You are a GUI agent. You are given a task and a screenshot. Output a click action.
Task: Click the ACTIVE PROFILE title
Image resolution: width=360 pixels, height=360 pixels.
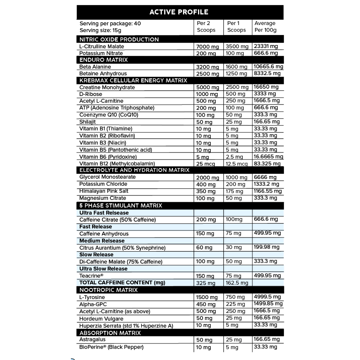click(179, 12)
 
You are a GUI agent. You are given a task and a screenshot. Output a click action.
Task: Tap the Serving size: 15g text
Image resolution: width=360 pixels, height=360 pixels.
click(100, 30)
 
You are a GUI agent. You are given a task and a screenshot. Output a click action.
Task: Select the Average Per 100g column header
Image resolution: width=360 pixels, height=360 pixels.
click(265, 27)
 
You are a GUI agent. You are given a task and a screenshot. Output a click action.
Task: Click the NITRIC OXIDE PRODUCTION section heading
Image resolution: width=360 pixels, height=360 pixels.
click(119, 39)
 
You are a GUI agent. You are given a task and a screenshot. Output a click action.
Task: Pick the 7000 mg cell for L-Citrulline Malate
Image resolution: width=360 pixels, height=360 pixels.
click(207, 47)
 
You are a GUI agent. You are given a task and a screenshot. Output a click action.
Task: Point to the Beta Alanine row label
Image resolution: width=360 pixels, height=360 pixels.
click(95, 67)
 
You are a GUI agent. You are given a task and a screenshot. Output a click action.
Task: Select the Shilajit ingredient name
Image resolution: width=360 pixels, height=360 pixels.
click(88, 122)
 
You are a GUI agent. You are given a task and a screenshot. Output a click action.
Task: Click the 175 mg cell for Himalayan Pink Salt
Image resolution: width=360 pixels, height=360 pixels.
click(235, 191)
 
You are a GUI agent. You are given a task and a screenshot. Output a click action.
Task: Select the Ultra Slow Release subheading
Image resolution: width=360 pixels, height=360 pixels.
click(103, 269)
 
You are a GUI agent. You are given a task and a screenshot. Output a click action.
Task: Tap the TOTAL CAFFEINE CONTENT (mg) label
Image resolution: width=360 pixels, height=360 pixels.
click(122, 283)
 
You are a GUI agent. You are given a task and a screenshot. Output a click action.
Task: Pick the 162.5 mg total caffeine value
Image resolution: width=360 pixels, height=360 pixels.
click(237, 283)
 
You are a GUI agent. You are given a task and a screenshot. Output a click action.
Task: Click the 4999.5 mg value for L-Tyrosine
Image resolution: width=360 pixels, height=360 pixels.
click(267, 297)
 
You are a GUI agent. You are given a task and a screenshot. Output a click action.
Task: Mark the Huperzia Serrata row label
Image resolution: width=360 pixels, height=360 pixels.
click(126, 326)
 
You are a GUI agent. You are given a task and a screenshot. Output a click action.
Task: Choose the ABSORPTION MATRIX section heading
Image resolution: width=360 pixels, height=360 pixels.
click(110, 333)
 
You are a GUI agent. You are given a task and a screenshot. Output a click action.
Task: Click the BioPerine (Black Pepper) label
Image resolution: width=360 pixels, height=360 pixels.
click(111, 347)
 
